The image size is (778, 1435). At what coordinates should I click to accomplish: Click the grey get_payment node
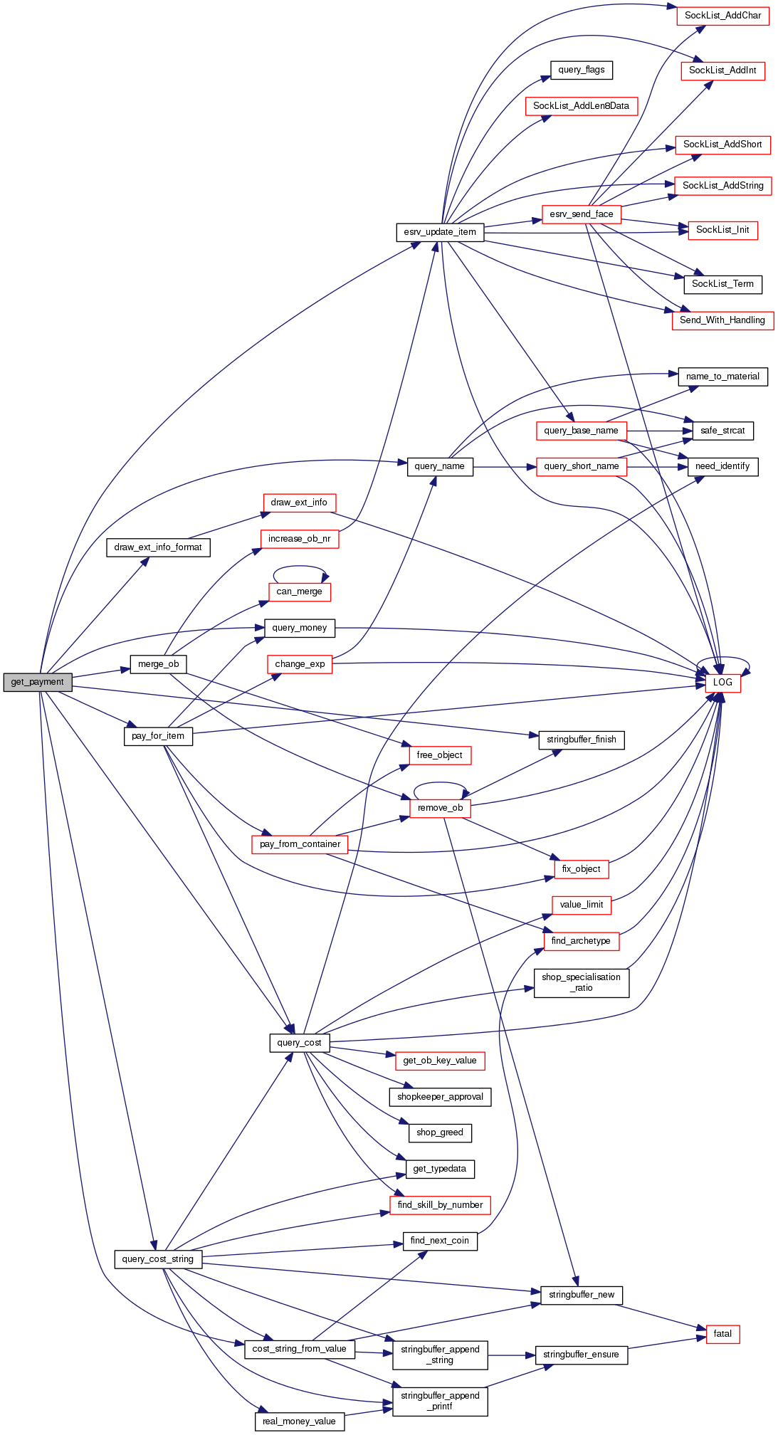click(x=38, y=682)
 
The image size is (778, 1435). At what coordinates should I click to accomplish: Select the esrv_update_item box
click(x=440, y=232)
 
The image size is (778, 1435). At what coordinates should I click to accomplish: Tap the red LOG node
click(x=722, y=682)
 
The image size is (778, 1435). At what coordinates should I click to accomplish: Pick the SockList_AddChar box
click(x=722, y=16)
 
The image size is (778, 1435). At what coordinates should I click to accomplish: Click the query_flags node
click(x=582, y=70)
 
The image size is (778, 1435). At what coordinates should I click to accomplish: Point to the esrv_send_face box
click(x=581, y=214)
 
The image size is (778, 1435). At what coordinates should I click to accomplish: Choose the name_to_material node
click(x=722, y=377)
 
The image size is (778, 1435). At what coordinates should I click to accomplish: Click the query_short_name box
click(x=581, y=466)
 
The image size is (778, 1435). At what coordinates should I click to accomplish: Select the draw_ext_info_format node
click(x=158, y=547)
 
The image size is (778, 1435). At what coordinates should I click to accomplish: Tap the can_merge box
click(x=299, y=592)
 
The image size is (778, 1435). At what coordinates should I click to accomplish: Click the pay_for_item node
click(x=158, y=736)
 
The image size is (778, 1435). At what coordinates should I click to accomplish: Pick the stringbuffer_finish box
click(x=581, y=740)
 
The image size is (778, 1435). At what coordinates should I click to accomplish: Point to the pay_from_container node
click(x=300, y=844)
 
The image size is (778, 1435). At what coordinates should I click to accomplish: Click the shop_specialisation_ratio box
click(x=581, y=982)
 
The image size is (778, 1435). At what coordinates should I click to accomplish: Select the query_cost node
click(x=299, y=1043)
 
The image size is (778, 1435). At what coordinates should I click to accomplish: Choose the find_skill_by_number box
click(x=440, y=1205)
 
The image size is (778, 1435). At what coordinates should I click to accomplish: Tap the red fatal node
click(x=722, y=1334)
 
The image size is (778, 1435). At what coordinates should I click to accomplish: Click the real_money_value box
click(x=299, y=1421)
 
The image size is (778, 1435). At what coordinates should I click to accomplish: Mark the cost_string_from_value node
click(x=299, y=1349)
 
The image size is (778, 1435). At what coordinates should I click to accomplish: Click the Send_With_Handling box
click(x=722, y=320)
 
